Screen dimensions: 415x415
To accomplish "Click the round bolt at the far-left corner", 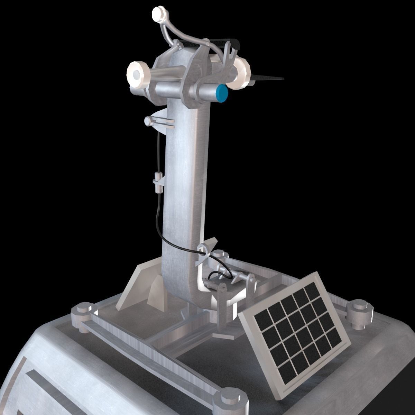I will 81,313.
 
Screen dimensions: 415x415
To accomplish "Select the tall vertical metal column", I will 185,194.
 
